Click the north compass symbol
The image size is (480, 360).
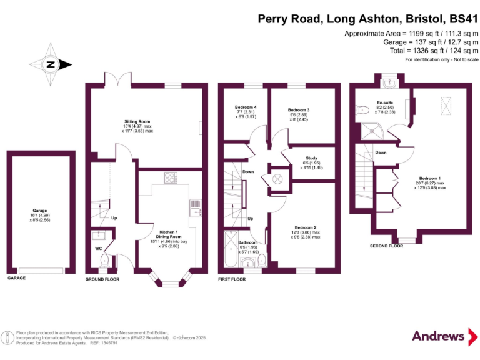(x=50, y=64)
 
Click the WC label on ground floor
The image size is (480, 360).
(x=98, y=248)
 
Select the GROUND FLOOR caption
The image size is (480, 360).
(x=102, y=279)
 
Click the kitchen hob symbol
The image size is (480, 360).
(x=169, y=178)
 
